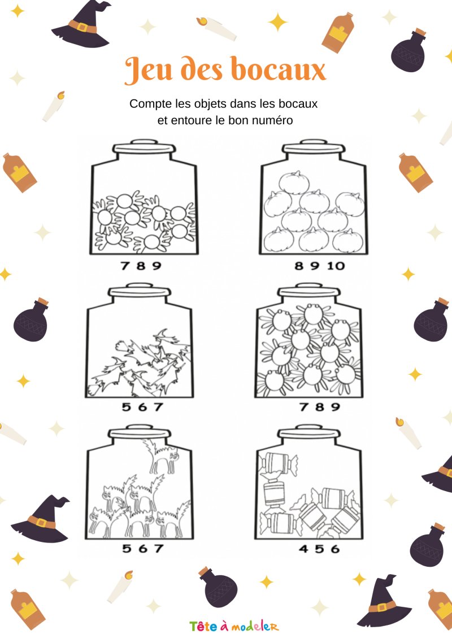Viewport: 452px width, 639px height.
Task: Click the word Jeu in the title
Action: pos(149,69)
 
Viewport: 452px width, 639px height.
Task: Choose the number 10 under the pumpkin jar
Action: pos(336,266)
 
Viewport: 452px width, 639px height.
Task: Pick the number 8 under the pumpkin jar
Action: pos(299,266)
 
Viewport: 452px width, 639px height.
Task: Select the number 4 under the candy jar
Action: pos(303,549)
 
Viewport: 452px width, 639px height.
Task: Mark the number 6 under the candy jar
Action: pos(336,549)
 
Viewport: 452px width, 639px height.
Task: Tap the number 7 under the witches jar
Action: pos(159,406)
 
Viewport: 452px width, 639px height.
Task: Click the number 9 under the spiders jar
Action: pos(336,406)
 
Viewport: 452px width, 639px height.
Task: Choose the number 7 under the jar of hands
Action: pos(125,266)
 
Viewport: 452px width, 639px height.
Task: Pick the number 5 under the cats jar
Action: pos(127,549)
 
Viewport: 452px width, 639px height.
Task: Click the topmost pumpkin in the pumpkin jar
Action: pos(294,182)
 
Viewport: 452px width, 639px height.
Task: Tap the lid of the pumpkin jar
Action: pos(314,147)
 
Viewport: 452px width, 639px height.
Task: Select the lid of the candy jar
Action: pos(309,432)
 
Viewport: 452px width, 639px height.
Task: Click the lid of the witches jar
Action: pos(139,291)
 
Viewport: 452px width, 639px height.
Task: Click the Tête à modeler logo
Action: pos(234,626)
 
